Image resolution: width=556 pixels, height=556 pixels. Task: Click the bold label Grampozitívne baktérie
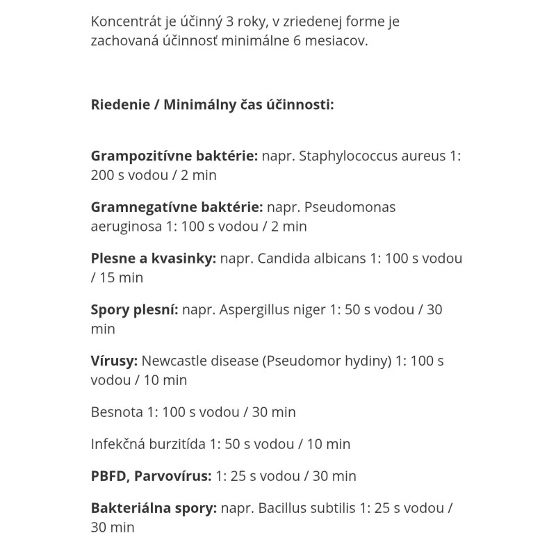point(174,156)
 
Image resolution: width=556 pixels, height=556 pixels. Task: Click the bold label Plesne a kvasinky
point(154,259)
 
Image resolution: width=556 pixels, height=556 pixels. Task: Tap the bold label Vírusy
point(115,361)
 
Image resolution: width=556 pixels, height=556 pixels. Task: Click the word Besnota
point(117,412)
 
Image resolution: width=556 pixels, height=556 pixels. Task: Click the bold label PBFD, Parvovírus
point(151,476)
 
